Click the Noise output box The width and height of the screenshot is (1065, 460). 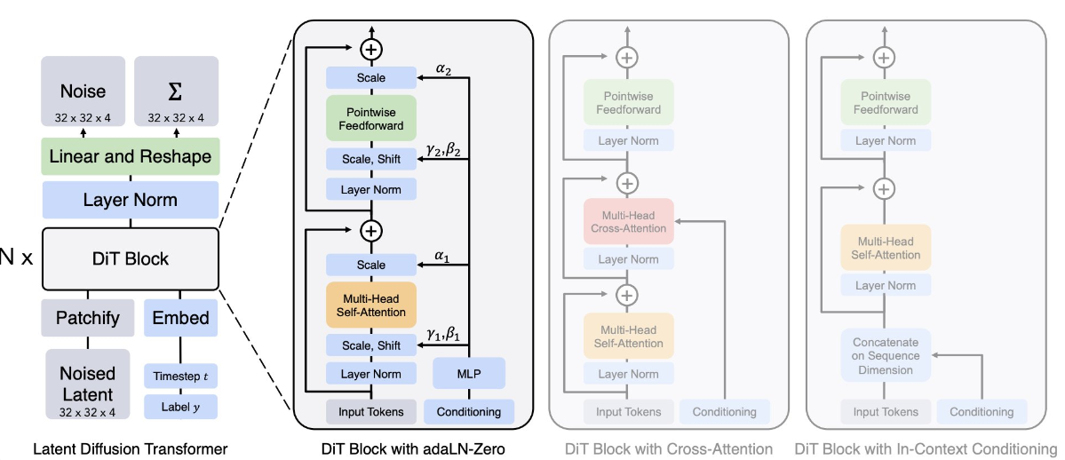(x=83, y=91)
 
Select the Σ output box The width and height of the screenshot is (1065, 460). (x=176, y=91)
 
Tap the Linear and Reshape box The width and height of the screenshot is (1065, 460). (x=130, y=157)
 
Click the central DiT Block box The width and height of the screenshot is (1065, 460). (x=130, y=258)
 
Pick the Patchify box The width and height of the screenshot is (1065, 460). (x=87, y=317)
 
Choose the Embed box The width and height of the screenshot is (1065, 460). (x=180, y=317)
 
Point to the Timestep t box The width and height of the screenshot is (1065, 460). (x=180, y=376)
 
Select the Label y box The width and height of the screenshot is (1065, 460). (x=180, y=407)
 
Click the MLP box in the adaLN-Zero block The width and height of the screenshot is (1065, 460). (x=469, y=374)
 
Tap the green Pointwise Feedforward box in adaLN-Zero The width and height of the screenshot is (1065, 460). (x=370, y=119)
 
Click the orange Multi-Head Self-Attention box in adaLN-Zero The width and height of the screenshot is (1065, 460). (x=370, y=305)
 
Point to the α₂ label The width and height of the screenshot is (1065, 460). (x=443, y=67)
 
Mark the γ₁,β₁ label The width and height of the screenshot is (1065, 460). (x=443, y=334)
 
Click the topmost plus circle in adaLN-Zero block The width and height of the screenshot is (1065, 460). (x=370, y=47)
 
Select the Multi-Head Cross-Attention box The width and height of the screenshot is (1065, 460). (x=628, y=222)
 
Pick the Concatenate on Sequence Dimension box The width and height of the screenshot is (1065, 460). (x=886, y=355)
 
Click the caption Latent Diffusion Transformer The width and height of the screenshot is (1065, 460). (x=130, y=449)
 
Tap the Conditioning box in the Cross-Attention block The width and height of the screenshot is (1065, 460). (x=725, y=411)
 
